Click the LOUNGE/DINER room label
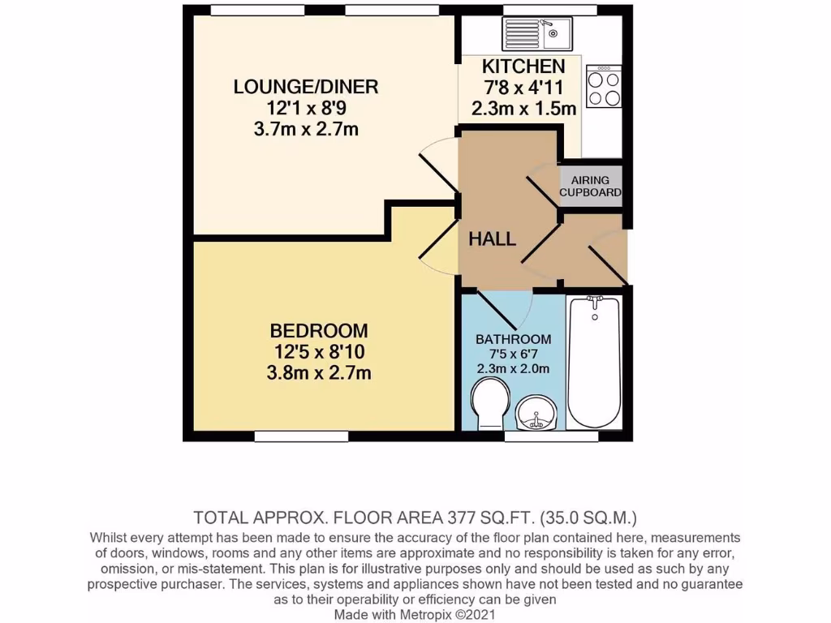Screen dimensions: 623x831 click(295, 87)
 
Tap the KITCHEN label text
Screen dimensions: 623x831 click(523, 67)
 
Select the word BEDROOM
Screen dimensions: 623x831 click(319, 331)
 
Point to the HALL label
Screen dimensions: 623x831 click(493, 238)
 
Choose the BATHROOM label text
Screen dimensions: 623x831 click(513, 339)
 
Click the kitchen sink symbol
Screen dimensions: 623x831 click(538, 33)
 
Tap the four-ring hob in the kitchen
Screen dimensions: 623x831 click(602, 88)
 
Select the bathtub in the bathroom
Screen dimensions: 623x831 click(595, 363)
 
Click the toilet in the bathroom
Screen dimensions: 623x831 click(492, 405)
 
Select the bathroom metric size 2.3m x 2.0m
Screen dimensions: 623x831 click(513, 369)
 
